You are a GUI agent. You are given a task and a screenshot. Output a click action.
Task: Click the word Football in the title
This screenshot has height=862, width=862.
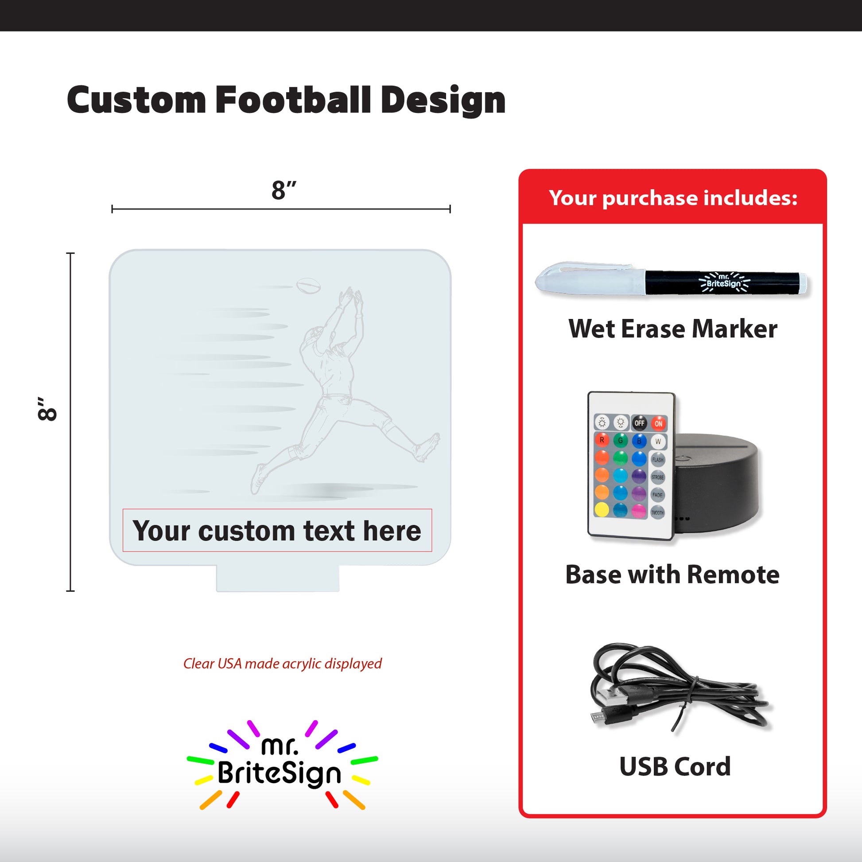293,100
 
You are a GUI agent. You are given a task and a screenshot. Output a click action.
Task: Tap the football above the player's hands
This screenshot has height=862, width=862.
308,286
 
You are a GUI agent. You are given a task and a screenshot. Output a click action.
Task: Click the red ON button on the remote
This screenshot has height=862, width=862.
658,423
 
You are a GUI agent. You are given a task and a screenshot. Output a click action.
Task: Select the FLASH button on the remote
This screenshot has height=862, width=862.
658,459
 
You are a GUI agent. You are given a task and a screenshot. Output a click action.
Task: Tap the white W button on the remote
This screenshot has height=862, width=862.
658,441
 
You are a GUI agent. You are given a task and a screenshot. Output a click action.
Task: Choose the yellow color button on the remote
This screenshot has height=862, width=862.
602,509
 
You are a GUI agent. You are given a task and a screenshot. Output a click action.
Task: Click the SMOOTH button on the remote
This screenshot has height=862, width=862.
658,512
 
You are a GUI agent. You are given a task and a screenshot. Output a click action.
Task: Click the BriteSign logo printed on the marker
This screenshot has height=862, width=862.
724,282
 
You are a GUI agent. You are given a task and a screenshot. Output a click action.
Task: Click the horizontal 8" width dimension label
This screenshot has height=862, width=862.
284,190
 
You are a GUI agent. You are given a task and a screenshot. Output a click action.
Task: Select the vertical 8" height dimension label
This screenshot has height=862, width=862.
47,408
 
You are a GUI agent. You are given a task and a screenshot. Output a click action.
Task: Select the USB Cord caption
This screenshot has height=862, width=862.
675,766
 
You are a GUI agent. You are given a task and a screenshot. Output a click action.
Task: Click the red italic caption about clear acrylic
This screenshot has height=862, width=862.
283,664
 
